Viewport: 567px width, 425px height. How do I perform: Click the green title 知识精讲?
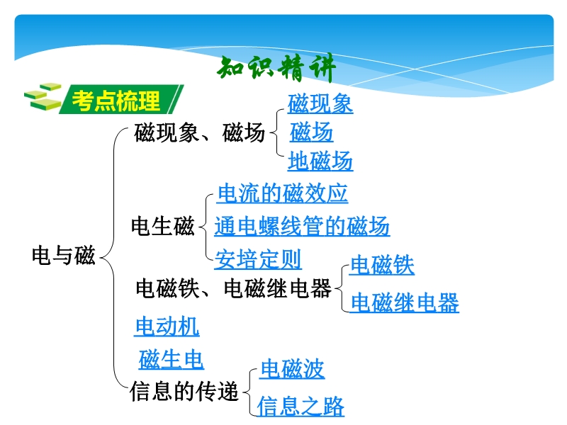pos(276,69)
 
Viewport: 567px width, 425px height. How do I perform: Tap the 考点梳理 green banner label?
pos(121,100)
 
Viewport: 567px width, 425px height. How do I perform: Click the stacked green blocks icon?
pos(43,96)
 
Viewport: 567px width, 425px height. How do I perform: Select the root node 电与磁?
pos(64,255)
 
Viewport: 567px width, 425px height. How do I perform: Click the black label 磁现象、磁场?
pos(200,132)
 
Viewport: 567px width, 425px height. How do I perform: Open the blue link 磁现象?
pos(320,103)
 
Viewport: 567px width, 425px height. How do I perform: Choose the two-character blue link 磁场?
pos(311,132)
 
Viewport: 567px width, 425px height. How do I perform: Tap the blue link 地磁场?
pos(320,161)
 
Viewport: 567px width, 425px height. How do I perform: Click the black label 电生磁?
pos(163,226)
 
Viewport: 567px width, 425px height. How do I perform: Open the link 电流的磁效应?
pos(282,193)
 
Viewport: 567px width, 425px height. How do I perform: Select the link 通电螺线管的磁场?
pos(302,226)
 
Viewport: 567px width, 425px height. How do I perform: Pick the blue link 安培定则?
pos(258,259)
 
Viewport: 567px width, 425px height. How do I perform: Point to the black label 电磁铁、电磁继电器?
pos(234,288)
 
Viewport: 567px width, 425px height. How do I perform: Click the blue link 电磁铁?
pos(382,265)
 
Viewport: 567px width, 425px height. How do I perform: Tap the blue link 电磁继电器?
pos(405,302)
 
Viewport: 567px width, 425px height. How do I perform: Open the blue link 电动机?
pos(167,327)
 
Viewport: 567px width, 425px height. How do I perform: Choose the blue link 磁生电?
pos(171,360)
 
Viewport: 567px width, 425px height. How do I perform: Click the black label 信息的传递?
pos(184,392)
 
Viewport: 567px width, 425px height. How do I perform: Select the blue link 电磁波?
pos(292,369)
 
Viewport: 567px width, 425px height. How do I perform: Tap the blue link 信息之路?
pos(301,406)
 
